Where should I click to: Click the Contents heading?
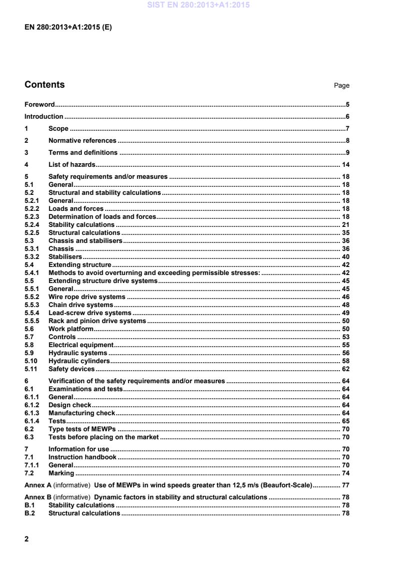45,85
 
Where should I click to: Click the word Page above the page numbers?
341,86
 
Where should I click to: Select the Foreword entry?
40,105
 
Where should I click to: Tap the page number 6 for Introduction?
347,117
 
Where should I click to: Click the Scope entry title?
58,129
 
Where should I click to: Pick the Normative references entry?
82,141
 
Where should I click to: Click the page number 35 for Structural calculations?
345,233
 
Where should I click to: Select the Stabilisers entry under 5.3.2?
65,256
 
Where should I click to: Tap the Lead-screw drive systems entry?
90,313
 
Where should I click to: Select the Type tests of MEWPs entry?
82,429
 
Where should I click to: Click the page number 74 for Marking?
345,473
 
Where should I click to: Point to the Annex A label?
38,485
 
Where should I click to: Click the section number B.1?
29,505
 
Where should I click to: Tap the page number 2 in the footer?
27,538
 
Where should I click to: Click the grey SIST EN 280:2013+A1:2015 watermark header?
199,6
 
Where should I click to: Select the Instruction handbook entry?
82,457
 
